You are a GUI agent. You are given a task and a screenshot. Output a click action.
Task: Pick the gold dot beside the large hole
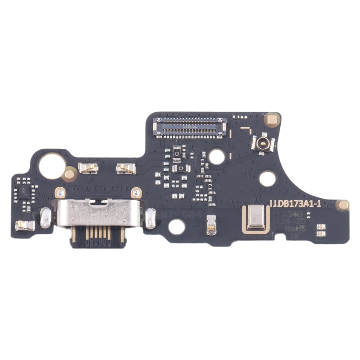(x=70, y=171)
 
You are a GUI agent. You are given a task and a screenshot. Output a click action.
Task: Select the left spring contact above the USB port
(x=89, y=168)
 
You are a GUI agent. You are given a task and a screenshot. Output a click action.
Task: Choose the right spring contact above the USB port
(x=126, y=168)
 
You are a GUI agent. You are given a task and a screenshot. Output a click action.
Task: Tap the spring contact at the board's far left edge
(x=24, y=225)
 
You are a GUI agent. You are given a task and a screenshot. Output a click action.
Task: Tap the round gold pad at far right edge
(x=343, y=204)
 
